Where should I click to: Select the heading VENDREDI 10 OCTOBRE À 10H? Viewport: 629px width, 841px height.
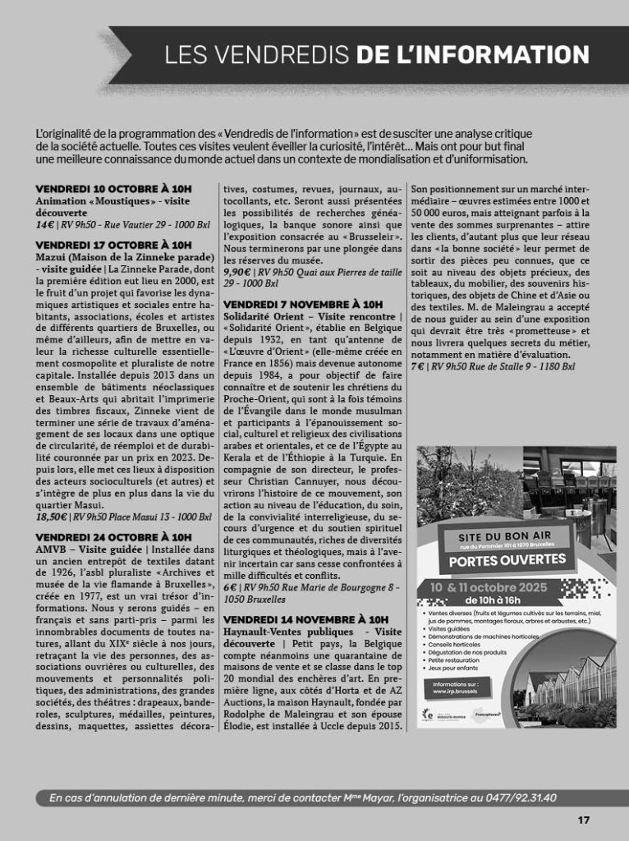[x=113, y=189]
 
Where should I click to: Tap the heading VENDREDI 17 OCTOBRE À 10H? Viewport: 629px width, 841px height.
[x=113, y=245]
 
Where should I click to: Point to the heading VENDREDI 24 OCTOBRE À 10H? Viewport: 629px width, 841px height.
[x=113, y=537]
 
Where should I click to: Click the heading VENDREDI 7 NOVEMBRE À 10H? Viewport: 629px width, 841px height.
[x=303, y=305]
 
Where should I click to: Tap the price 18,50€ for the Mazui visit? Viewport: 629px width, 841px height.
[x=50, y=517]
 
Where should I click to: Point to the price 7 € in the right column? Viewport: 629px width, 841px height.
[x=417, y=366]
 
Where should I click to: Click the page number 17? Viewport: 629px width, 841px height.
[x=584, y=820]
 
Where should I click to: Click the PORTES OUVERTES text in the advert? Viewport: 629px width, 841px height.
[x=507, y=561]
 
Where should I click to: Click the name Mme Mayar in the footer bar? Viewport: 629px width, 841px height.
[x=331, y=797]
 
